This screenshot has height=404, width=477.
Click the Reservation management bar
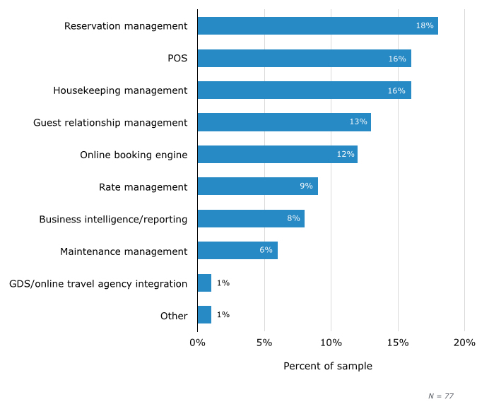point(317,26)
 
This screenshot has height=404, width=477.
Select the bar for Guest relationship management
point(284,122)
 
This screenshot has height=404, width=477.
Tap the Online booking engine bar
point(277,154)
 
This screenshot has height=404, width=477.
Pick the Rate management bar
point(257,186)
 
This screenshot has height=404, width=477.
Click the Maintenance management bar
point(237,251)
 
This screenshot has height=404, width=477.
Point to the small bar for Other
point(204,315)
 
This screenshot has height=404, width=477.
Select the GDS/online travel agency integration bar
point(204,283)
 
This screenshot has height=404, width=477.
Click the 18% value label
point(425,26)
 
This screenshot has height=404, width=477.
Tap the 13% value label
point(358,122)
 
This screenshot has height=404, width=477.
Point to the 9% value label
point(306,186)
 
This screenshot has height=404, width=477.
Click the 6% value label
point(266,251)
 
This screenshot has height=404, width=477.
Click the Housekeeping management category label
point(120,90)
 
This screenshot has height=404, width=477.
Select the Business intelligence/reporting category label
point(113,219)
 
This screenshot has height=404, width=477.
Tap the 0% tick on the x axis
point(197,343)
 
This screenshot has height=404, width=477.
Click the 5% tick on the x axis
point(264,343)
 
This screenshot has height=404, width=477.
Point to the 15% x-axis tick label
point(398,343)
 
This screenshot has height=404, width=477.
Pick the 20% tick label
point(464,343)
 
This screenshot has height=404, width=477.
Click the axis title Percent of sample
point(328,367)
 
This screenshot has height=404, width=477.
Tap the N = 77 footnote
point(441,396)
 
